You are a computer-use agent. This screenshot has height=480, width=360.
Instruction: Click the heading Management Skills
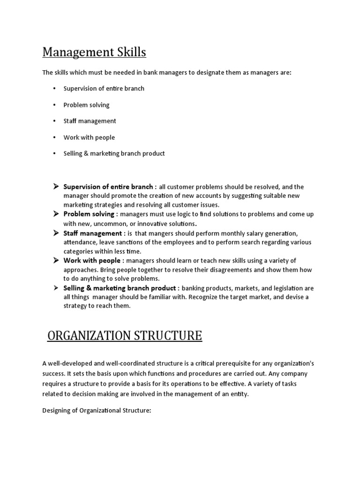(x=94, y=52)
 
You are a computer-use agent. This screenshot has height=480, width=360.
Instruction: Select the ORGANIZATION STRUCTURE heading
(x=125, y=336)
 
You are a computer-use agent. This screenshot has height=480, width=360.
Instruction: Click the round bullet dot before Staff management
(x=54, y=121)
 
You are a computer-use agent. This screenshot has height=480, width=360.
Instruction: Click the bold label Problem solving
(x=89, y=214)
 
